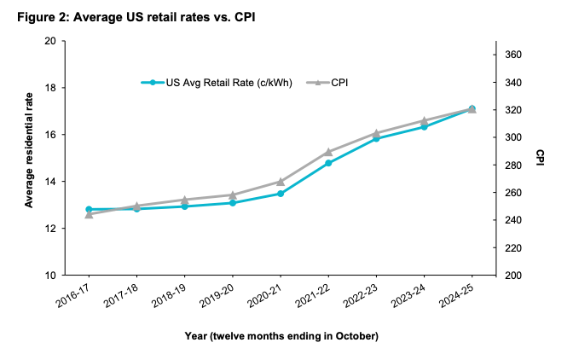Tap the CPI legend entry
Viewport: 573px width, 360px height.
339,83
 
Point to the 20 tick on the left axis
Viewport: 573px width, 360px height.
49,41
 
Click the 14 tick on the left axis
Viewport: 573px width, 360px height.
49,182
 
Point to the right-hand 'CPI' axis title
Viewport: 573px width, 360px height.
540,158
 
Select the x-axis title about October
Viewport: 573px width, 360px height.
281,336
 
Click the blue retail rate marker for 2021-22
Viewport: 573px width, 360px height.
328,163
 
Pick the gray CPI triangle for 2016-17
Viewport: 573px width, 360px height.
89,214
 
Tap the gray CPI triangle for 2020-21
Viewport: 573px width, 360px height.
281,182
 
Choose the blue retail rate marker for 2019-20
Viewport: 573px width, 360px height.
233,203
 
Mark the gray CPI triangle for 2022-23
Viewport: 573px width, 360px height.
376,133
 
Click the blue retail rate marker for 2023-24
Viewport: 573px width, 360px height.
424,126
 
